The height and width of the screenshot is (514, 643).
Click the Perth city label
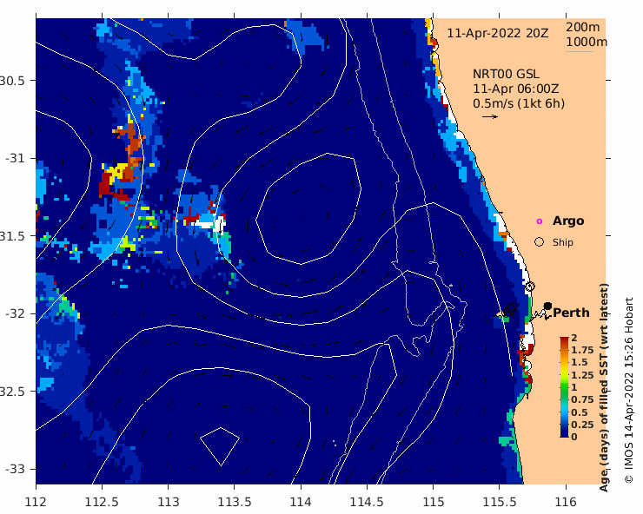(x=571, y=313)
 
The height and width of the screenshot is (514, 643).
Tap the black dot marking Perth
(x=547, y=306)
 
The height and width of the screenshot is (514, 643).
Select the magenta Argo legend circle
(x=540, y=221)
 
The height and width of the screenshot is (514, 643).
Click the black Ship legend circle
(x=540, y=242)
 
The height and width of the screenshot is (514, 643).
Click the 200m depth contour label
(x=587, y=27)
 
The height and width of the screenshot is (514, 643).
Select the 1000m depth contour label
(x=587, y=42)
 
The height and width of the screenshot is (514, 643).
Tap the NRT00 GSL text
(x=504, y=74)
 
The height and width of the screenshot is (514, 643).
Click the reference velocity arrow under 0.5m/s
(x=490, y=116)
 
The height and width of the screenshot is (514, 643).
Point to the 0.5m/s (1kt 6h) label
(x=519, y=103)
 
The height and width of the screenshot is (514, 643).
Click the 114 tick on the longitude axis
(x=301, y=501)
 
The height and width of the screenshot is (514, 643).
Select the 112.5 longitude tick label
(x=102, y=501)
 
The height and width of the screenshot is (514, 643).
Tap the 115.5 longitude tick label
(x=500, y=501)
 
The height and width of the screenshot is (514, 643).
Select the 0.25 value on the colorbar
(x=581, y=424)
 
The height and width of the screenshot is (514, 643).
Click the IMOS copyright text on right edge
(x=629, y=391)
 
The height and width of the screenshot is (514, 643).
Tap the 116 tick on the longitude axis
(x=566, y=501)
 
